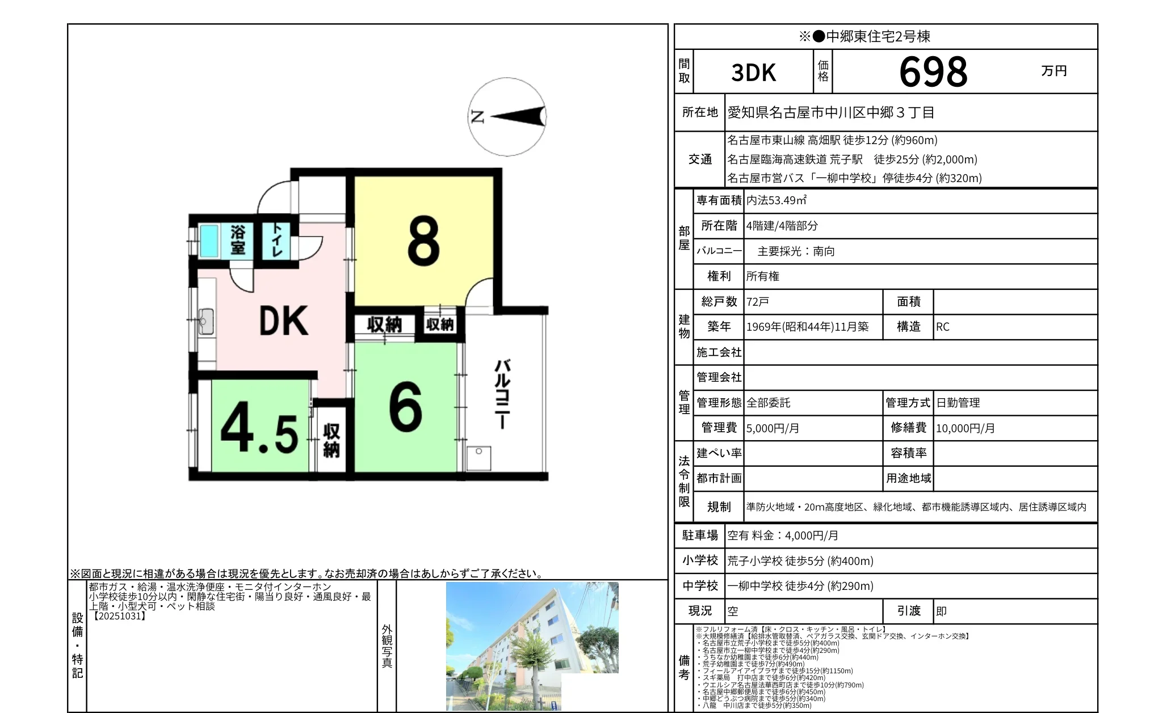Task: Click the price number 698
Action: [x=933, y=72]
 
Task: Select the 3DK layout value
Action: [x=753, y=73]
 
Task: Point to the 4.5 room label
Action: [x=259, y=427]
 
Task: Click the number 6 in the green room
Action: [x=405, y=406]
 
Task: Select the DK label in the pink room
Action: [x=283, y=321]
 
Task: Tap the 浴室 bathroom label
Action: [x=238, y=240]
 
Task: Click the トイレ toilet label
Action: [x=276, y=239]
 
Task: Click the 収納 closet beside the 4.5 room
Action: [x=331, y=440]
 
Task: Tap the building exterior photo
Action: [x=532, y=646]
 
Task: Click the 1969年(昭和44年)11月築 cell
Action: [x=807, y=327]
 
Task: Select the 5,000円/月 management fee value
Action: [x=773, y=428]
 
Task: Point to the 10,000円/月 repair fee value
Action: [x=965, y=428]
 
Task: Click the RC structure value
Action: [x=943, y=327]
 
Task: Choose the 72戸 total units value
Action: [x=757, y=302]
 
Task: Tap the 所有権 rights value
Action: [x=762, y=276]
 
